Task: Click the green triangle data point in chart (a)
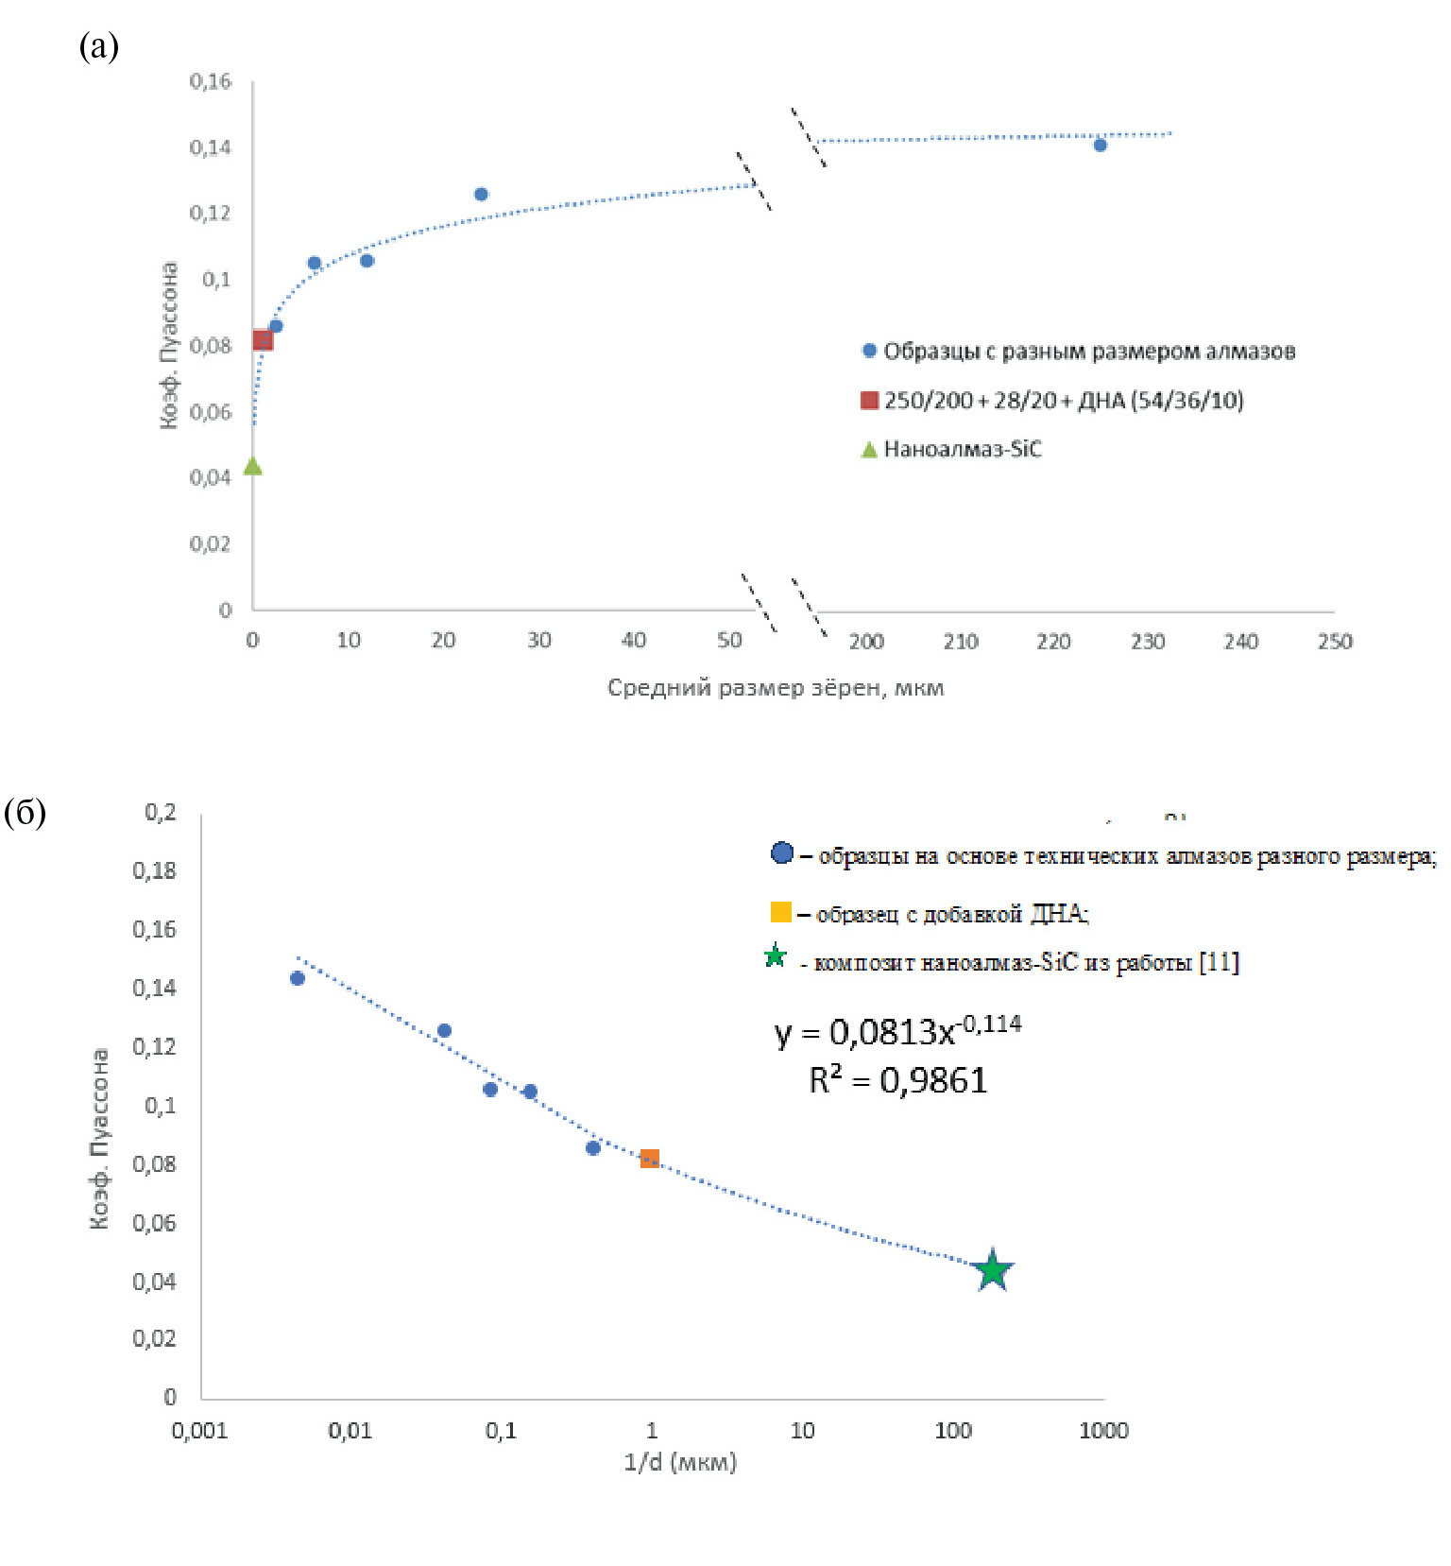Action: (x=252, y=466)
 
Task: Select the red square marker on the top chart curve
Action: (x=263, y=340)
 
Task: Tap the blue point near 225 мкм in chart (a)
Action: (x=1100, y=145)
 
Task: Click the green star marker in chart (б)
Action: (x=992, y=1270)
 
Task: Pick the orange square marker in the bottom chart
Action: (x=649, y=1158)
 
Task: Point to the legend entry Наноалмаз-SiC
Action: (x=962, y=449)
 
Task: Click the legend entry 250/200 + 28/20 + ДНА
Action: (x=1063, y=400)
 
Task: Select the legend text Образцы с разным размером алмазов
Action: (x=1088, y=352)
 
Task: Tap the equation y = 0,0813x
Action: (x=896, y=1031)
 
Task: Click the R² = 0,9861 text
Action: (x=897, y=1080)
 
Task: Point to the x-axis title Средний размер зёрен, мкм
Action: (x=775, y=687)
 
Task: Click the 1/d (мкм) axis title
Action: (x=680, y=1462)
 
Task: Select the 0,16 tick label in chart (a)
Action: (x=210, y=81)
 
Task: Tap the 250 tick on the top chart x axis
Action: (x=1334, y=642)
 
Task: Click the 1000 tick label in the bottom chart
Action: (x=1103, y=1430)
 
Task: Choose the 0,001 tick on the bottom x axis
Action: (x=199, y=1430)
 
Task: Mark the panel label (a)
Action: (x=98, y=44)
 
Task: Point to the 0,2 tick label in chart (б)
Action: (x=160, y=812)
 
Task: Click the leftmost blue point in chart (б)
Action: (x=298, y=978)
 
